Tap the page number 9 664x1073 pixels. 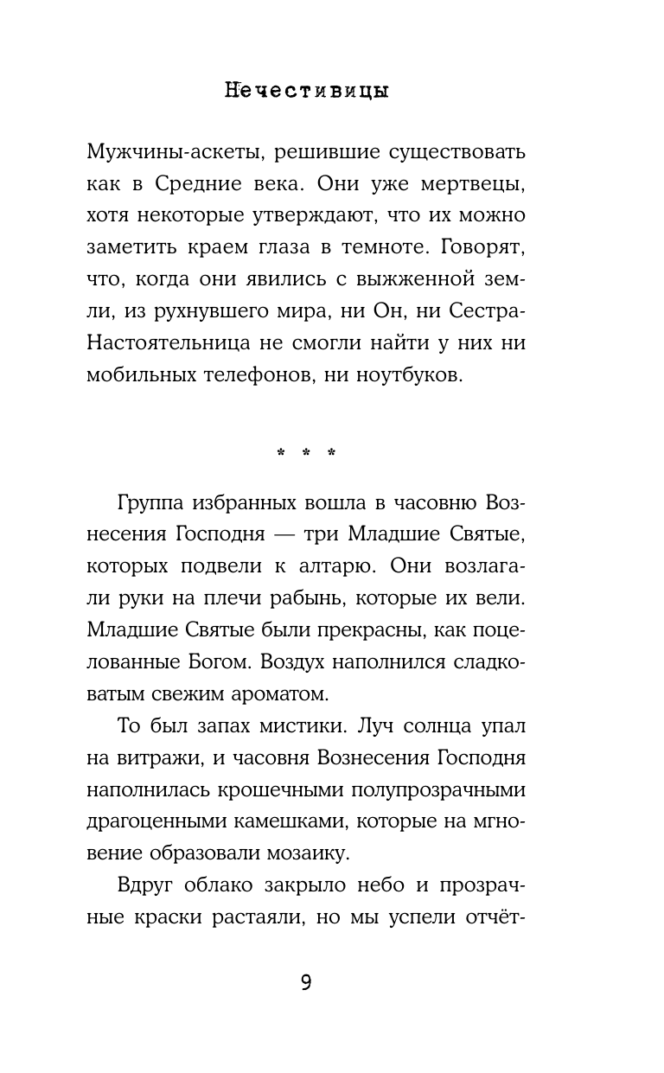pos(305,982)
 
